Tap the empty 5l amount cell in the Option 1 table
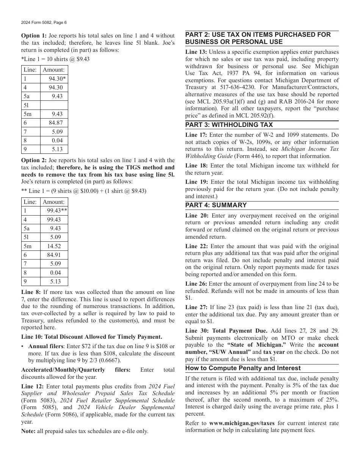coord(54,105)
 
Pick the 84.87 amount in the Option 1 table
coord(55,123)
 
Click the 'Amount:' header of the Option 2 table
coord(53,202)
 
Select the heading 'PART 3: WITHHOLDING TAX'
coord(229,125)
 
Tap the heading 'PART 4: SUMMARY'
coord(216,205)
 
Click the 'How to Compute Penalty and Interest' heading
coord(243,368)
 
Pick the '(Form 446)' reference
coord(247,156)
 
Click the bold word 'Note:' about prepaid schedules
coord(28,431)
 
